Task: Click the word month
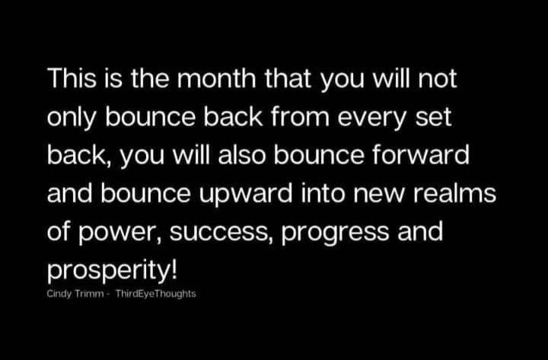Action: point(217,78)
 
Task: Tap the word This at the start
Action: point(72,78)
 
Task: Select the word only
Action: point(72,118)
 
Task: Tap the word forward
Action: point(420,155)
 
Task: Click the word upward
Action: point(246,194)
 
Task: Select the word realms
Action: point(454,193)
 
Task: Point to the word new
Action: point(379,196)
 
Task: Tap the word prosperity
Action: point(108,270)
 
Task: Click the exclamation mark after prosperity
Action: point(174,269)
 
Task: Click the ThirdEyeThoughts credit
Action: point(156,294)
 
